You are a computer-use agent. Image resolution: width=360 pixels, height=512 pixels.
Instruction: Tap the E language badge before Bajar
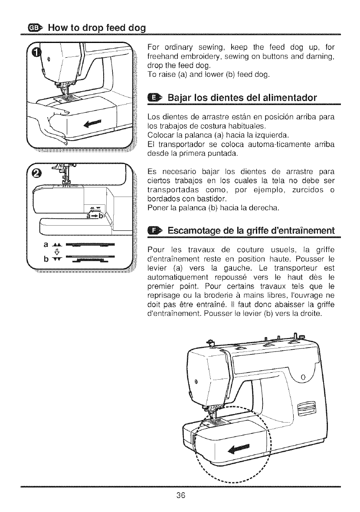click(155, 96)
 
